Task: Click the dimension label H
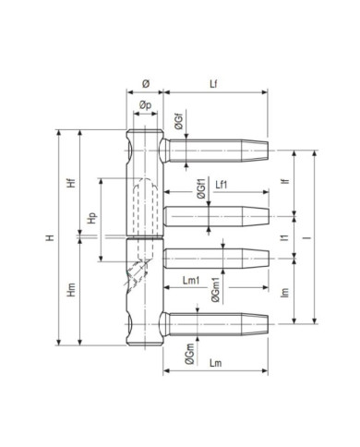point(50,237)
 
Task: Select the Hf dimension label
point(71,183)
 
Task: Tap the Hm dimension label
point(71,290)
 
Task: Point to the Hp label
point(91,218)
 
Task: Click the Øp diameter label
point(145,105)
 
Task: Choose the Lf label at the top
point(213,84)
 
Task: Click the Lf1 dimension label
point(222,185)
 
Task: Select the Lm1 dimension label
point(191,281)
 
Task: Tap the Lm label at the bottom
point(215,363)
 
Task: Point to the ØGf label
point(179,121)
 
